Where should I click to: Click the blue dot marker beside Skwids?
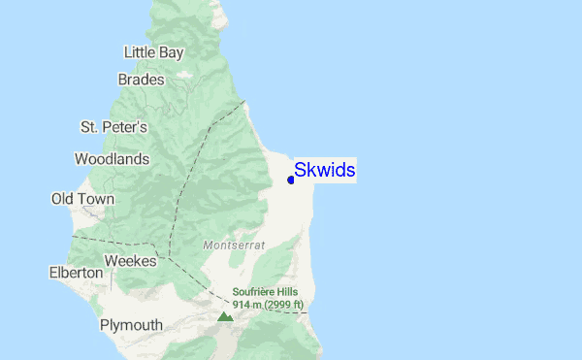291,180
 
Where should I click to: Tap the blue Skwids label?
325,171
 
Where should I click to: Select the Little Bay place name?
153,51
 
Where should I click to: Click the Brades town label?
141,80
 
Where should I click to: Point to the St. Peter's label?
113,127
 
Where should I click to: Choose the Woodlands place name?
112,158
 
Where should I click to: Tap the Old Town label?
82,199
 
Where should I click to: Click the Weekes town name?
130,261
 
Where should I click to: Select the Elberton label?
76,273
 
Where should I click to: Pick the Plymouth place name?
131,325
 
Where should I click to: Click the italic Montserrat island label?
234,246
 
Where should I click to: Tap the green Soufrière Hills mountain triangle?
225,316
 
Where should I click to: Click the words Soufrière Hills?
266,292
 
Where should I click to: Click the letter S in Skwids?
301,171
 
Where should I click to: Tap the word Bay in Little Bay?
171,52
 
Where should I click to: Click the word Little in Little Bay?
140,51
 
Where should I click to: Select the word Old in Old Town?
63,199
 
